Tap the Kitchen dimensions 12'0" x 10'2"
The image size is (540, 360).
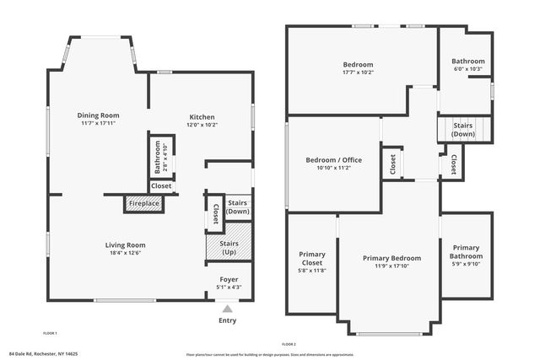coord(201,125)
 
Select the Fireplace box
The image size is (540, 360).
coord(142,203)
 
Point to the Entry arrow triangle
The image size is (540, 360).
coord(227,309)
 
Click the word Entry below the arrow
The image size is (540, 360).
coord(227,320)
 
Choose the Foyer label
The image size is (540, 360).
coord(229,279)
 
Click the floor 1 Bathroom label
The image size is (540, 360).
coord(157,158)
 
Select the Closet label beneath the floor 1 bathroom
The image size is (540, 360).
coord(160,185)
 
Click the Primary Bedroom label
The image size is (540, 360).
coord(391,258)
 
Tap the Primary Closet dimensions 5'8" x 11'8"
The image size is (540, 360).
coord(312,270)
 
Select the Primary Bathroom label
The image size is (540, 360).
coord(465,252)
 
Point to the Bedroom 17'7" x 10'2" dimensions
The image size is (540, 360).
coord(358,73)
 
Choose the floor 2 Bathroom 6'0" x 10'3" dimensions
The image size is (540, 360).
coord(467,69)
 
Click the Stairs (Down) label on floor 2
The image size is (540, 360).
coord(462,130)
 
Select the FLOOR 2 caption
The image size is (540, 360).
coord(289,344)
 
